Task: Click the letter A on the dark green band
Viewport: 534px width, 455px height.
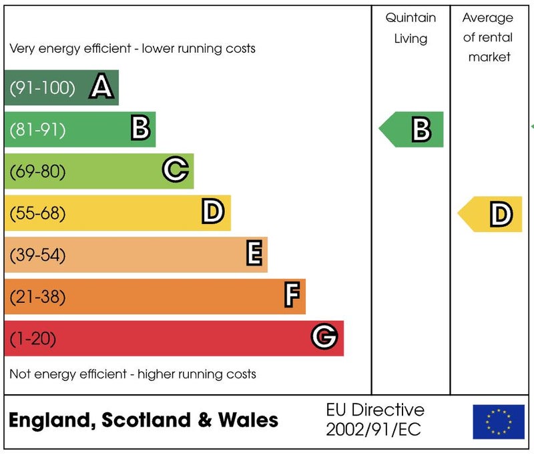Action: point(101,87)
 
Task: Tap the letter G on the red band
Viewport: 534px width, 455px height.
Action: point(324,338)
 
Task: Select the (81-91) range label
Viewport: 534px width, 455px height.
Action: point(37,129)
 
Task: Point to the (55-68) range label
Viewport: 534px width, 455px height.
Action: point(37,213)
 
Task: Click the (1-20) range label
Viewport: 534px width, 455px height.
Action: point(33,338)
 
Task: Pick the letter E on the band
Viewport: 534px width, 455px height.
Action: point(254,254)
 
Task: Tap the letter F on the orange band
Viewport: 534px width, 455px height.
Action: point(292,296)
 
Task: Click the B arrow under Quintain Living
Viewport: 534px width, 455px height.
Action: point(413,129)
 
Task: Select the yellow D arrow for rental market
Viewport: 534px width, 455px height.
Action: point(491,214)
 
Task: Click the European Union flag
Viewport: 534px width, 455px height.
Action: point(499,422)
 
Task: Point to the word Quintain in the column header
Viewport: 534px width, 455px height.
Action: point(411,18)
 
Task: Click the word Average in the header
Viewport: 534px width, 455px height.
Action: point(488,18)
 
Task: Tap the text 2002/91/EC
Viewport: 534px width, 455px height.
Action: point(373,430)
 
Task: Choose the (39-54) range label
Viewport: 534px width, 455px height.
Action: point(37,255)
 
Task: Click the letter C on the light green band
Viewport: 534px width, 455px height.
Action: point(175,171)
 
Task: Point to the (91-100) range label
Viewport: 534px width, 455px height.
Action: point(42,87)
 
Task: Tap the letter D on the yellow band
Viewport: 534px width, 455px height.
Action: point(212,213)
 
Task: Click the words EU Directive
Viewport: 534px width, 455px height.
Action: point(375,410)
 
